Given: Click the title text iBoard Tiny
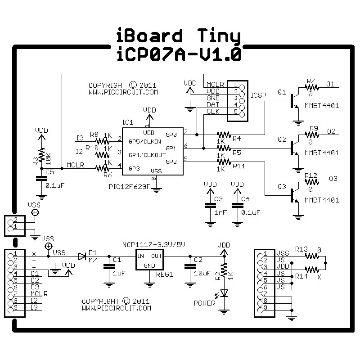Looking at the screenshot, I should click(179, 36).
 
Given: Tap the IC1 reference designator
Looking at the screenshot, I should click(128, 122).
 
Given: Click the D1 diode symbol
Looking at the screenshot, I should click(82, 256).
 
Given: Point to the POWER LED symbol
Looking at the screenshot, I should click(224, 293).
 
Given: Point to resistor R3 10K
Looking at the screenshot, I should click(41, 154).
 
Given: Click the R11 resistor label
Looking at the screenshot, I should click(239, 166).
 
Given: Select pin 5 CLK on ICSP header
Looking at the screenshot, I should click(242, 114).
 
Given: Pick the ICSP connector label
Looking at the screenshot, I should click(259, 95).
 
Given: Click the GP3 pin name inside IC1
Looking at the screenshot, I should click(135, 168).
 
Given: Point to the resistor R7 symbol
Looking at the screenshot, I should click(311, 88).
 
